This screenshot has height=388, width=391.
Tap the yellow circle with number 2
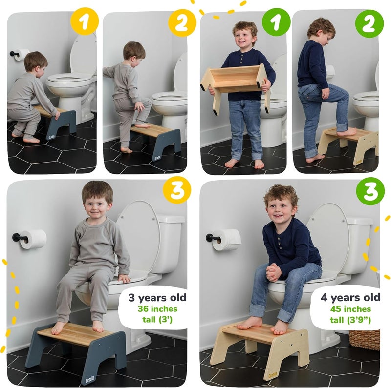182,23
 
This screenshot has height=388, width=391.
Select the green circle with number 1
276,22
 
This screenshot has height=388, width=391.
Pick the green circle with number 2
369,23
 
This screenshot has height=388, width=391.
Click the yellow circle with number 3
177,190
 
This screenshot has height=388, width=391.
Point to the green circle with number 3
370,191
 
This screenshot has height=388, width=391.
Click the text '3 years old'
157,298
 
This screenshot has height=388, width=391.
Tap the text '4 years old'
350,297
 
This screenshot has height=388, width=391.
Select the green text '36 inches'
157,309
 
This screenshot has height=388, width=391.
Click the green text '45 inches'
350,309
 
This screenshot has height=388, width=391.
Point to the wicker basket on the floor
365,340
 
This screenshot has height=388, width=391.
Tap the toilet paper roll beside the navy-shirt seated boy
226,240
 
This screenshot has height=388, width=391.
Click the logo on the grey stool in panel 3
90,380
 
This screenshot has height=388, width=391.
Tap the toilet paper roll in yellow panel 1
21,55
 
